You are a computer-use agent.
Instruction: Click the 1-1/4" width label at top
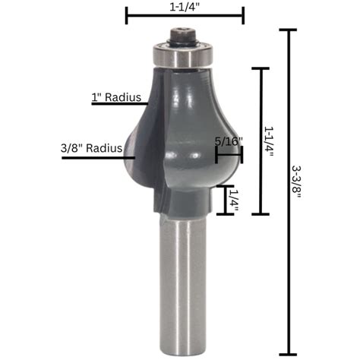pos(185,5)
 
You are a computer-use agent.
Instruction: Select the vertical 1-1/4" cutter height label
pos(270,141)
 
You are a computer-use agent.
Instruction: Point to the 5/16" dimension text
pos(228,141)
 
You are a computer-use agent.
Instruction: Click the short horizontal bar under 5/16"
pos(229,154)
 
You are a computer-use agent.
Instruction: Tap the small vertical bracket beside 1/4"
pos(222,200)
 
